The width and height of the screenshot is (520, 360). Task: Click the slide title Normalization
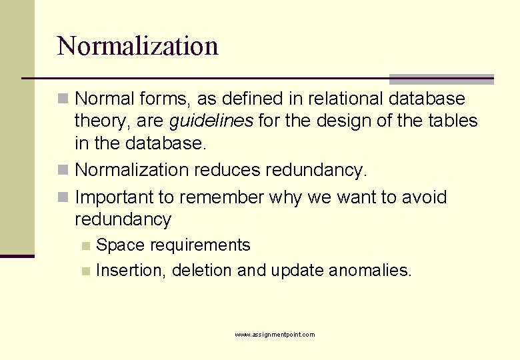138,46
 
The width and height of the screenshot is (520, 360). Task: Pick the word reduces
227,171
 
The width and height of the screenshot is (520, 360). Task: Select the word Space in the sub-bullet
121,245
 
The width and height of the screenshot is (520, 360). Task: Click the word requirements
200,245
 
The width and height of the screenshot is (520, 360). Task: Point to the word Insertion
131,271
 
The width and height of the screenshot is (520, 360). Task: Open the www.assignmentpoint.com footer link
275,335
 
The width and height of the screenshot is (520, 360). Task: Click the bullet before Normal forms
63,99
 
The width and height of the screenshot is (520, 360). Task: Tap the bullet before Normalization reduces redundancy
63,171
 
